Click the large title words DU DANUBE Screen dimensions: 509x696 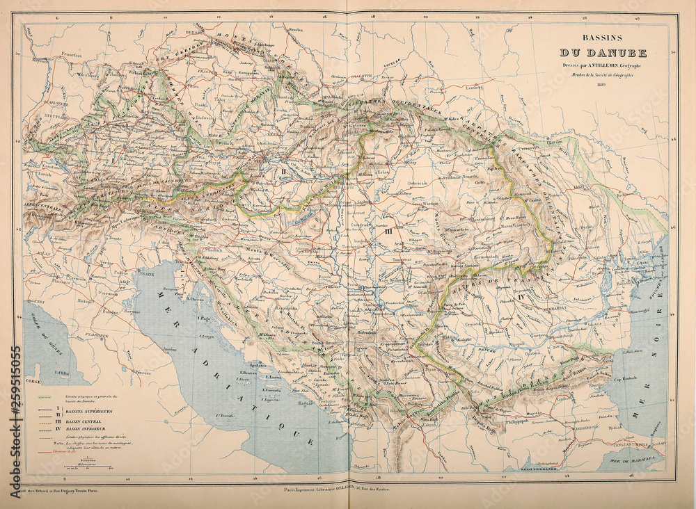coord(603,53)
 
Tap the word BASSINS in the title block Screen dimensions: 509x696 coord(603,40)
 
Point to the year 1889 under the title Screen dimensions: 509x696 coord(603,85)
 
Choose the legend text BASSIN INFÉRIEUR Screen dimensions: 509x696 coord(80,428)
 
